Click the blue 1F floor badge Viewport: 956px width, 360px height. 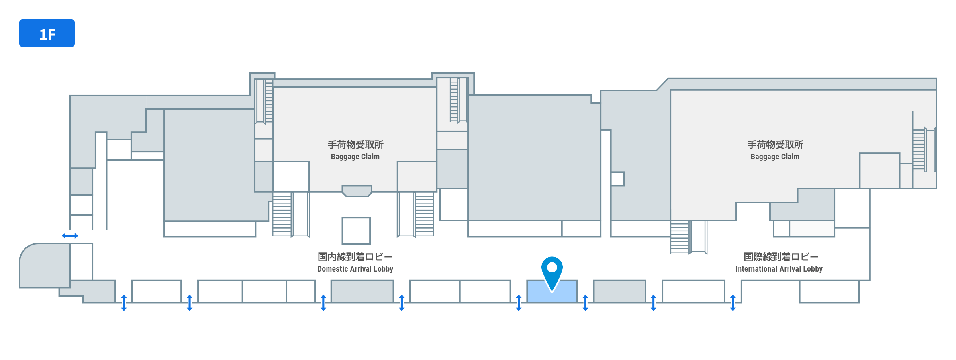(x=47, y=33)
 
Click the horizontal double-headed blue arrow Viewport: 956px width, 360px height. (x=70, y=236)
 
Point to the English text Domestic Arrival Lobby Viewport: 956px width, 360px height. (x=355, y=269)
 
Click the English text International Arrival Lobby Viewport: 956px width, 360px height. (x=779, y=269)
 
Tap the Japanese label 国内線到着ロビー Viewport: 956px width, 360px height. (x=355, y=257)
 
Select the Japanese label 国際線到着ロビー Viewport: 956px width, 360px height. (x=781, y=257)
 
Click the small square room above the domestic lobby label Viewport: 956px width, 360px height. (x=356, y=231)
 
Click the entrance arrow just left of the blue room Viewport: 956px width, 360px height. (x=519, y=303)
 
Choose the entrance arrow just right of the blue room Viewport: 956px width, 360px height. (x=585, y=303)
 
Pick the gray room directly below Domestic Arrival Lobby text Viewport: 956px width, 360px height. (x=362, y=292)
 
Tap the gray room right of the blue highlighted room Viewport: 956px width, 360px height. (x=619, y=292)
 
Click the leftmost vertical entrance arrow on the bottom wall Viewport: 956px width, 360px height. (x=124, y=303)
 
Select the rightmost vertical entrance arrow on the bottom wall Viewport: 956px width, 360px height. (x=733, y=303)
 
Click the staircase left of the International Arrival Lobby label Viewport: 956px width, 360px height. (x=680, y=237)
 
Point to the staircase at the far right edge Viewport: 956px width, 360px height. (x=919, y=149)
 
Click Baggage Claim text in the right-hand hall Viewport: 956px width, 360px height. (x=775, y=157)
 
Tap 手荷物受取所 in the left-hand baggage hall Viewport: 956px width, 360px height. (x=355, y=145)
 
